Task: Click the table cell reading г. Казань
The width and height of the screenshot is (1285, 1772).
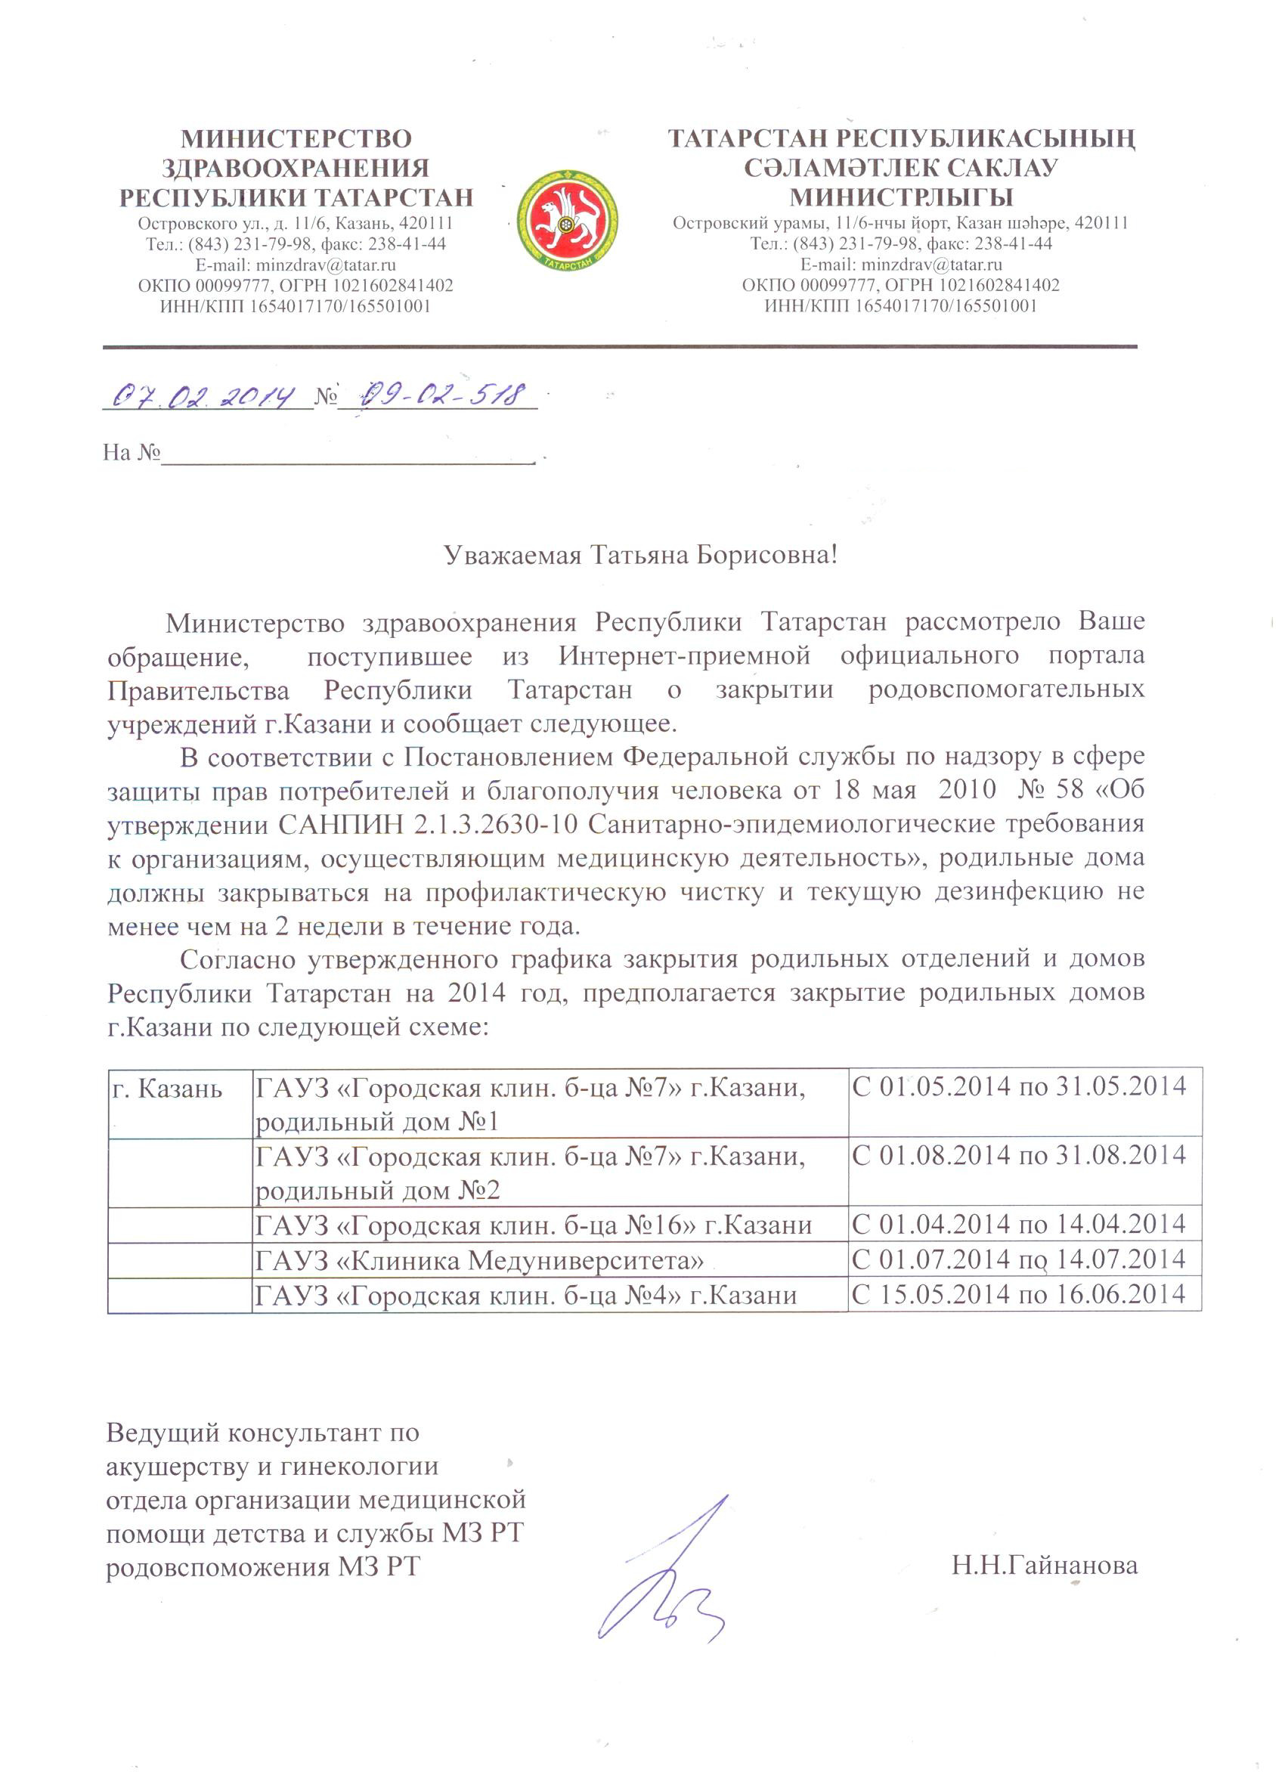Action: click(167, 1089)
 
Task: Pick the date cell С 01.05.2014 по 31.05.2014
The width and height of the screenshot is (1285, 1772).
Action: click(1020, 1087)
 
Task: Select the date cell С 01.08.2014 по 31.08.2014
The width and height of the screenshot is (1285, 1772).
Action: click(1020, 1156)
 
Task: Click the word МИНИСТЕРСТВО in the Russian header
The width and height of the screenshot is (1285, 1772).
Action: click(296, 139)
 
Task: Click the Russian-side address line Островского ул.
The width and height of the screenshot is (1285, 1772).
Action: click(296, 225)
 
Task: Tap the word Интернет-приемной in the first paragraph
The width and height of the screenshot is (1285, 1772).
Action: click(684, 655)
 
